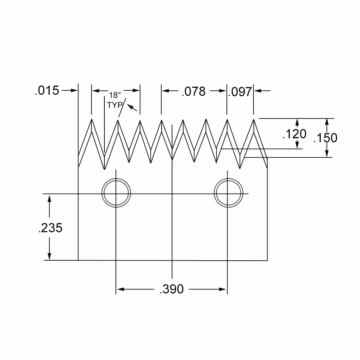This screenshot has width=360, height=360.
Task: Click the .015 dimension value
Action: point(47,90)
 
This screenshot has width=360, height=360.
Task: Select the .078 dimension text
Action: point(194,91)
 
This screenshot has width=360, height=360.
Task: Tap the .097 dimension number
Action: point(240,92)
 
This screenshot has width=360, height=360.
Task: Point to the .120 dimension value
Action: point(294,134)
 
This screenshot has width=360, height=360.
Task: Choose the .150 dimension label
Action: point(325,138)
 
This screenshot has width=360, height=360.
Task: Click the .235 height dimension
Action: point(50,228)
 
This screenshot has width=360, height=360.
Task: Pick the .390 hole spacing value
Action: point(171,289)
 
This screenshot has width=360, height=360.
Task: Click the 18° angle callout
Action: point(115,95)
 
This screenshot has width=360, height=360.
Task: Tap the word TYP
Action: point(115,105)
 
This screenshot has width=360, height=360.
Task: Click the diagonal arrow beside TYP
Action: point(132,108)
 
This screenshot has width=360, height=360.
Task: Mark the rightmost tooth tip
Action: point(254,119)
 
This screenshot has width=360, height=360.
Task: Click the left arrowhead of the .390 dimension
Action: point(120,289)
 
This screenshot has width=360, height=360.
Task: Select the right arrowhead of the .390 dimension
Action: point(223,289)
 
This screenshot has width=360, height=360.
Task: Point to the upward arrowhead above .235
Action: point(49,198)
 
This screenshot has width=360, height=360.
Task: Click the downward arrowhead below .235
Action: point(49,256)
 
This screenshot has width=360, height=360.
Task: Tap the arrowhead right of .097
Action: point(258,91)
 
